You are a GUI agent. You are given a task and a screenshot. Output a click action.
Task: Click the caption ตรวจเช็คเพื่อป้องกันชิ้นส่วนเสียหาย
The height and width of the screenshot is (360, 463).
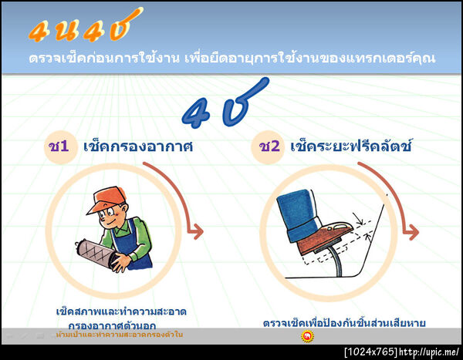coord(344,322)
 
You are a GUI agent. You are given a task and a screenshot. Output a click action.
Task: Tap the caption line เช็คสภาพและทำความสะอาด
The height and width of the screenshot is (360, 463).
coord(121,311)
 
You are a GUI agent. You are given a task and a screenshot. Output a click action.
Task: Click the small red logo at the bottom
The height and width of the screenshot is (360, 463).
coord(307,336)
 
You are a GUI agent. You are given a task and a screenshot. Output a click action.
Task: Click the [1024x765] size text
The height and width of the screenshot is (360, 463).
coord(370,352)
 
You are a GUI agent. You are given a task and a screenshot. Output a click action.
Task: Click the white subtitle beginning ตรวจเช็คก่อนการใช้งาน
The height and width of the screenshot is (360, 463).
coord(231,59)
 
